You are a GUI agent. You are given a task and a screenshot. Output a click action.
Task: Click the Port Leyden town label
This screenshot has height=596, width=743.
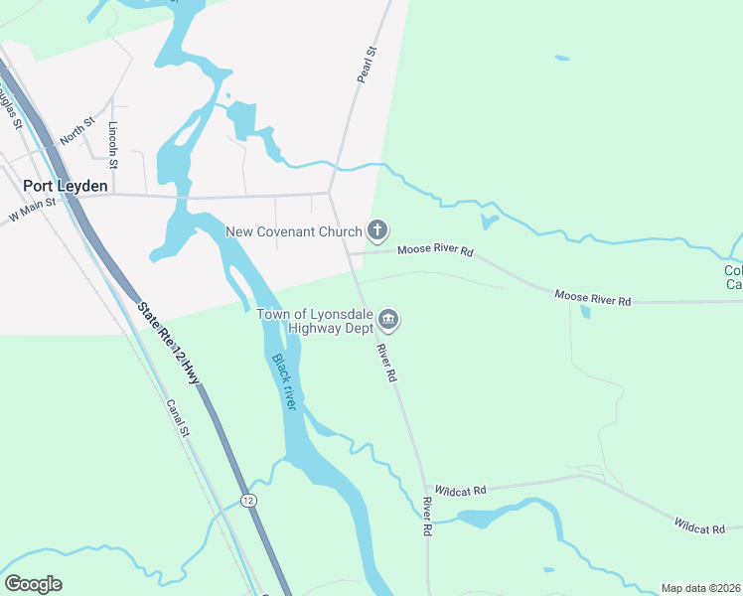pyautogui.click(x=66, y=185)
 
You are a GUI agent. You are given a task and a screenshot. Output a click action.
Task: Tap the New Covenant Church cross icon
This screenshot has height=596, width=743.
pyautogui.click(x=377, y=231)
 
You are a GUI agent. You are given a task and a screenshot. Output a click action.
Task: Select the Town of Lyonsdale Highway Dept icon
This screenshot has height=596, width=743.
pyautogui.click(x=388, y=320)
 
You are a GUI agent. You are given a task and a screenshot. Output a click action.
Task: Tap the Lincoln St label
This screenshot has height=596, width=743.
pyautogui.click(x=113, y=143)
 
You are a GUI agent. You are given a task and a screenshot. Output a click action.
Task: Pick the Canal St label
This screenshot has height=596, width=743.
pyautogui.click(x=178, y=421)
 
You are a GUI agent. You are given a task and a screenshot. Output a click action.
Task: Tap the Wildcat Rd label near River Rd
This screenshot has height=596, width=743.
pyautogui.click(x=465, y=491)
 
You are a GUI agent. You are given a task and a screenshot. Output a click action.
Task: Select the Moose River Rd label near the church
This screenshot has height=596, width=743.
pyautogui.click(x=435, y=251)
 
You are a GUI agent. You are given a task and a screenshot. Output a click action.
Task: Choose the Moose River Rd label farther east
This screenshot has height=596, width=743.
pyautogui.click(x=592, y=297)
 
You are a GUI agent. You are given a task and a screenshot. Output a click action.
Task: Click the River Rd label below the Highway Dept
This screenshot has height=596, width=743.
pyautogui.click(x=386, y=363)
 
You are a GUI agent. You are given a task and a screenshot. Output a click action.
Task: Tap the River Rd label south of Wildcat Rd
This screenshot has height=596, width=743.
pyautogui.click(x=427, y=517)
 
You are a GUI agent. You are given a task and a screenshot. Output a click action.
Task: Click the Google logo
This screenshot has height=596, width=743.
pyautogui.click(x=34, y=584)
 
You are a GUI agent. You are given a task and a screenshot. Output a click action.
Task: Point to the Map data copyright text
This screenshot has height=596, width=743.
pyautogui.click(x=700, y=588)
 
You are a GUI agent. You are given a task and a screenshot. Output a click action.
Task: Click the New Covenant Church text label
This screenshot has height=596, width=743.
pyautogui.click(x=294, y=232)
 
